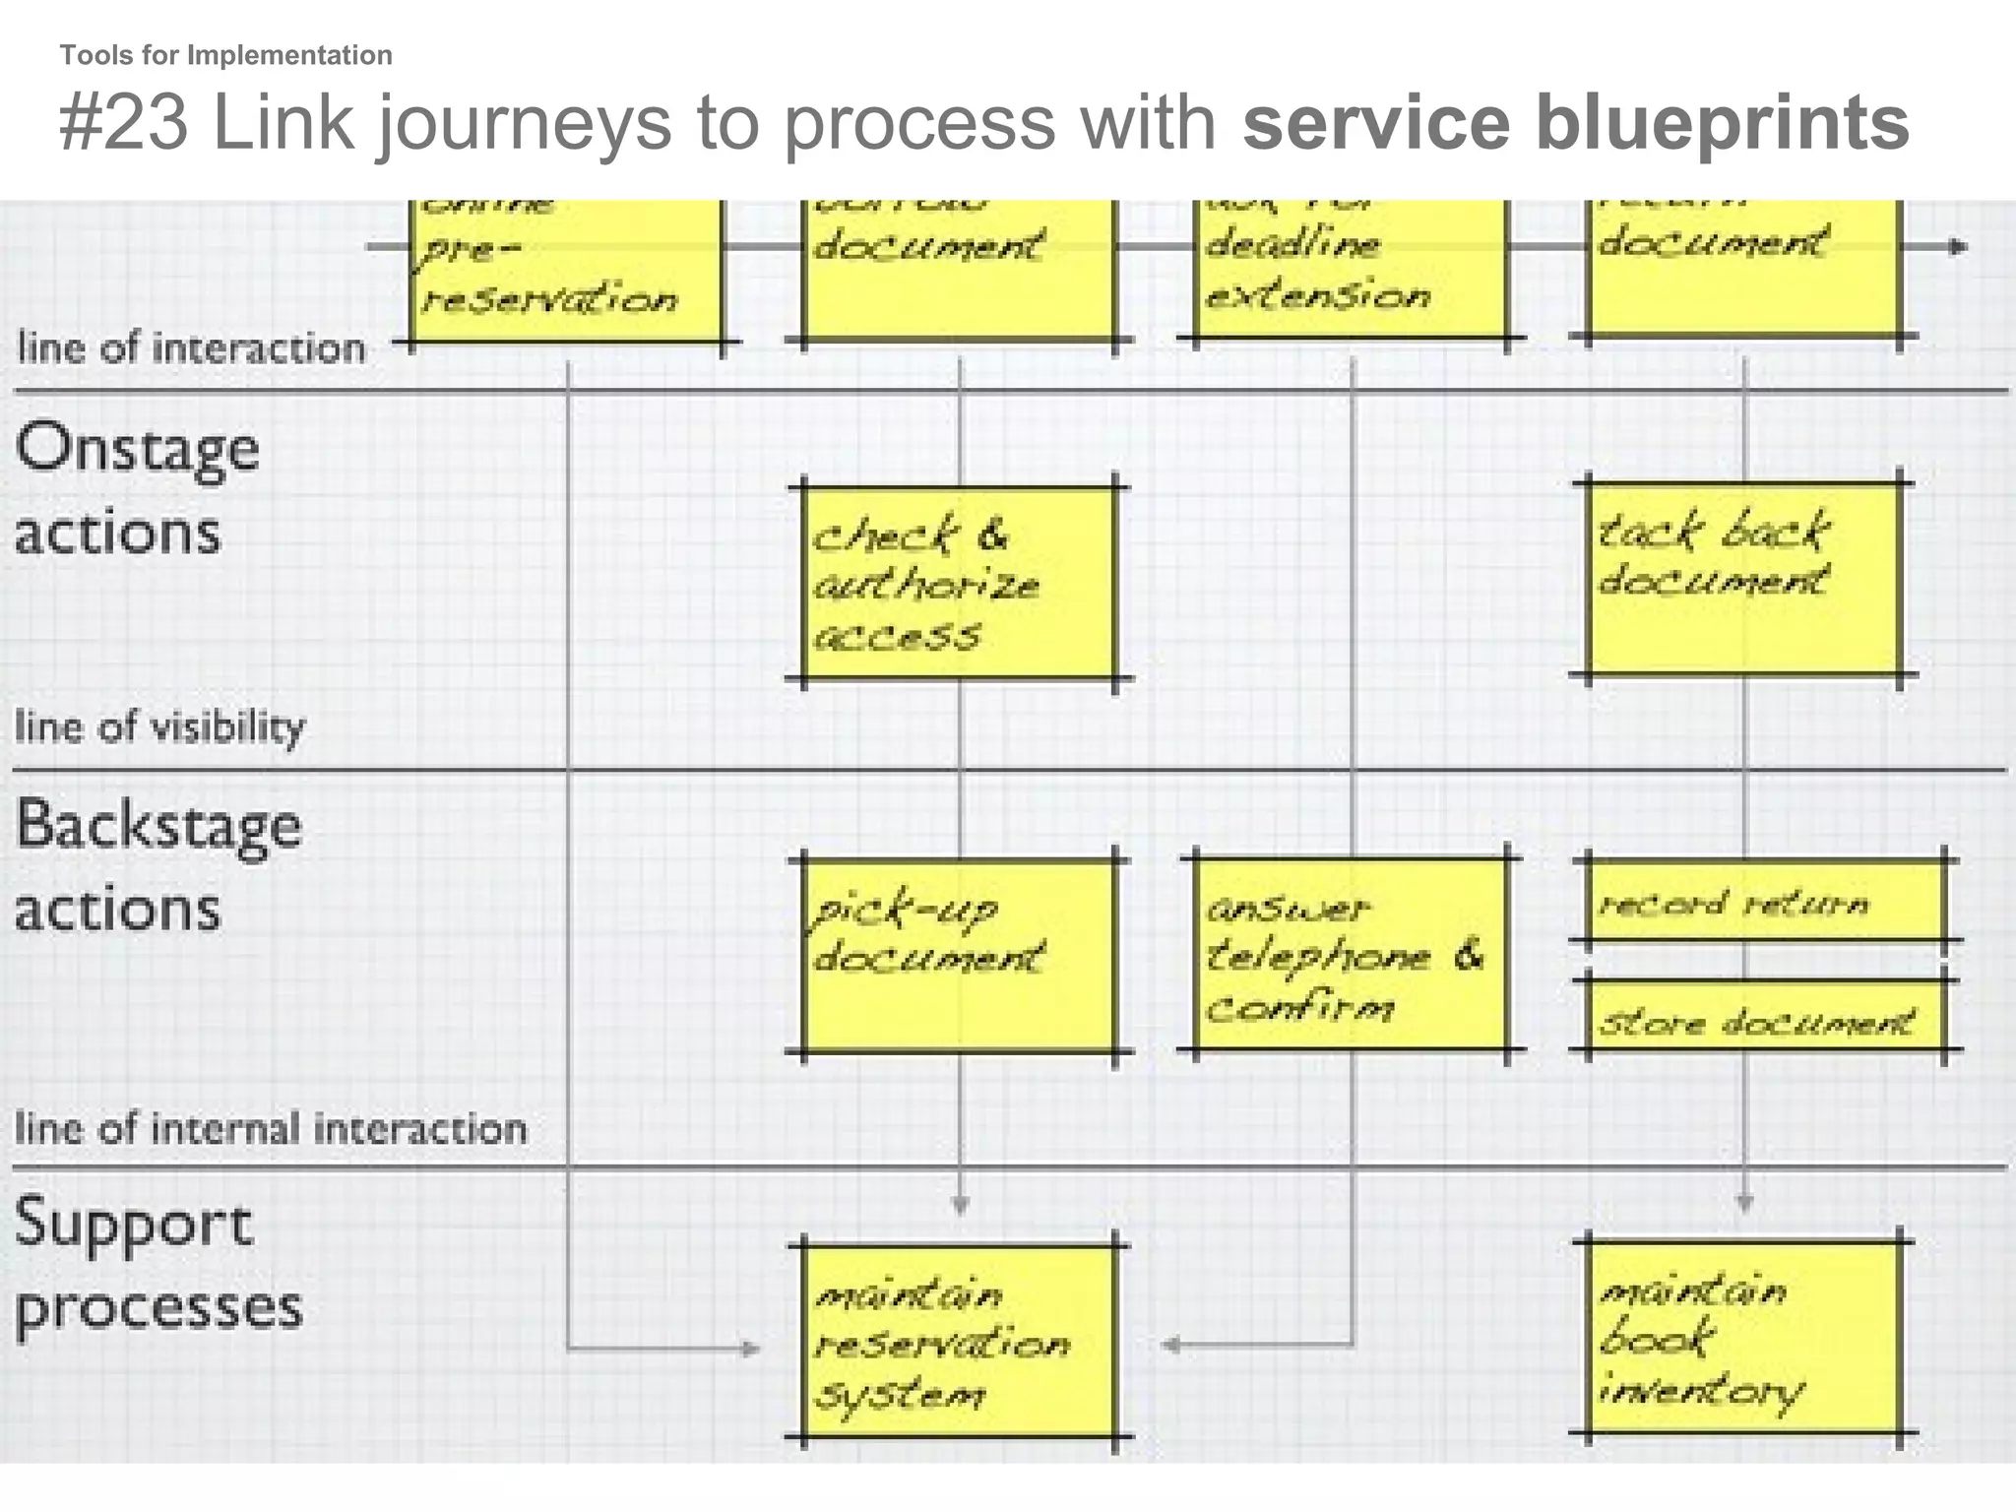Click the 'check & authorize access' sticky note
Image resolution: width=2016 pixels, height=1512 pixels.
coord(960,583)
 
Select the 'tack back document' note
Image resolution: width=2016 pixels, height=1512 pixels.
coord(1743,579)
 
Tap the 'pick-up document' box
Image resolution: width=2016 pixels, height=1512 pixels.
coord(960,955)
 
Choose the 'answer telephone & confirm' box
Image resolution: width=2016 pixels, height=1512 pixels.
coord(1350,955)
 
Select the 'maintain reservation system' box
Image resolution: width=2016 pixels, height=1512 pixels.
coord(960,1342)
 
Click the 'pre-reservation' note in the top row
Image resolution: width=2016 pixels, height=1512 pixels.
coord(566,271)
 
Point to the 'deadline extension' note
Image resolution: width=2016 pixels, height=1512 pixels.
coord(1350,268)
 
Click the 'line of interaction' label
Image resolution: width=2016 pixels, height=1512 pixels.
coord(191,348)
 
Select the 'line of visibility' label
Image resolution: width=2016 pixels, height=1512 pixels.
coord(159,726)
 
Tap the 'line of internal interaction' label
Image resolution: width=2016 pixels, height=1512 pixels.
coord(271,1128)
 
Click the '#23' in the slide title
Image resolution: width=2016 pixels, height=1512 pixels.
coord(123,123)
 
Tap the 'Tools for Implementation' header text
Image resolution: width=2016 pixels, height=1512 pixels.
coord(225,55)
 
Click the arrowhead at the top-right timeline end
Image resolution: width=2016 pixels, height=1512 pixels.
coord(1958,247)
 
